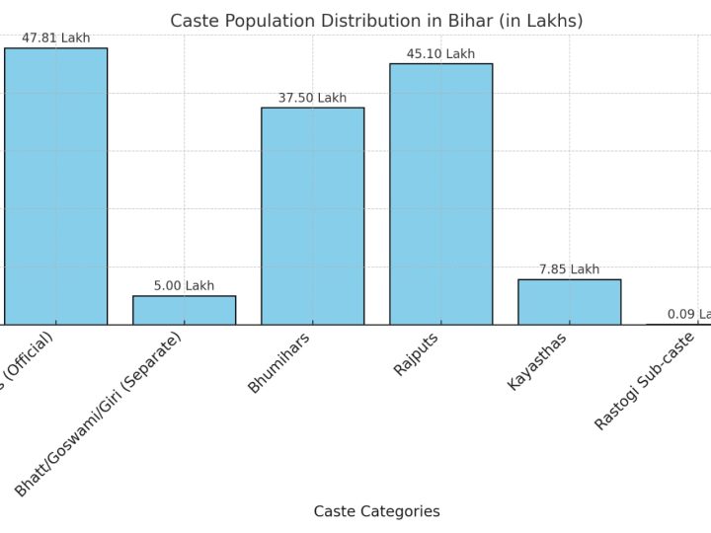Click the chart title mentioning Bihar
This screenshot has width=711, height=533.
[x=376, y=21]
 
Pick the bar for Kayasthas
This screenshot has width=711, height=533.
[x=569, y=301]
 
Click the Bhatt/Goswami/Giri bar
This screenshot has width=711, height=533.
[x=184, y=310]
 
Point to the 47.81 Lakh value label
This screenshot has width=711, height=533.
[x=55, y=38]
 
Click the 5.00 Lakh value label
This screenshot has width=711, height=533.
[x=184, y=286]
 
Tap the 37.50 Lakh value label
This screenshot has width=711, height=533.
[x=312, y=98]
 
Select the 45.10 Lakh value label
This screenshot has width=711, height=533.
[x=440, y=54]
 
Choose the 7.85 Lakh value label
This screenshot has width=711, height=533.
[x=569, y=269]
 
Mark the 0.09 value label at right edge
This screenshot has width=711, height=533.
[x=689, y=314]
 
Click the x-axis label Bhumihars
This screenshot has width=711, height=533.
[x=278, y=363]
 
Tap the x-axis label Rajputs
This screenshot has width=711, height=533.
[x=416, y=353]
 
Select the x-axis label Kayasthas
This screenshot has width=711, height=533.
[x=539, y=361]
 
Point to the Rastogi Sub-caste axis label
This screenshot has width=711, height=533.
[x=644, y=381]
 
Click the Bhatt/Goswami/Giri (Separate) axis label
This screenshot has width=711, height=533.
[x=99, y=414]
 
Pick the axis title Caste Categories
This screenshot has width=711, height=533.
[x=376, y=511]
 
